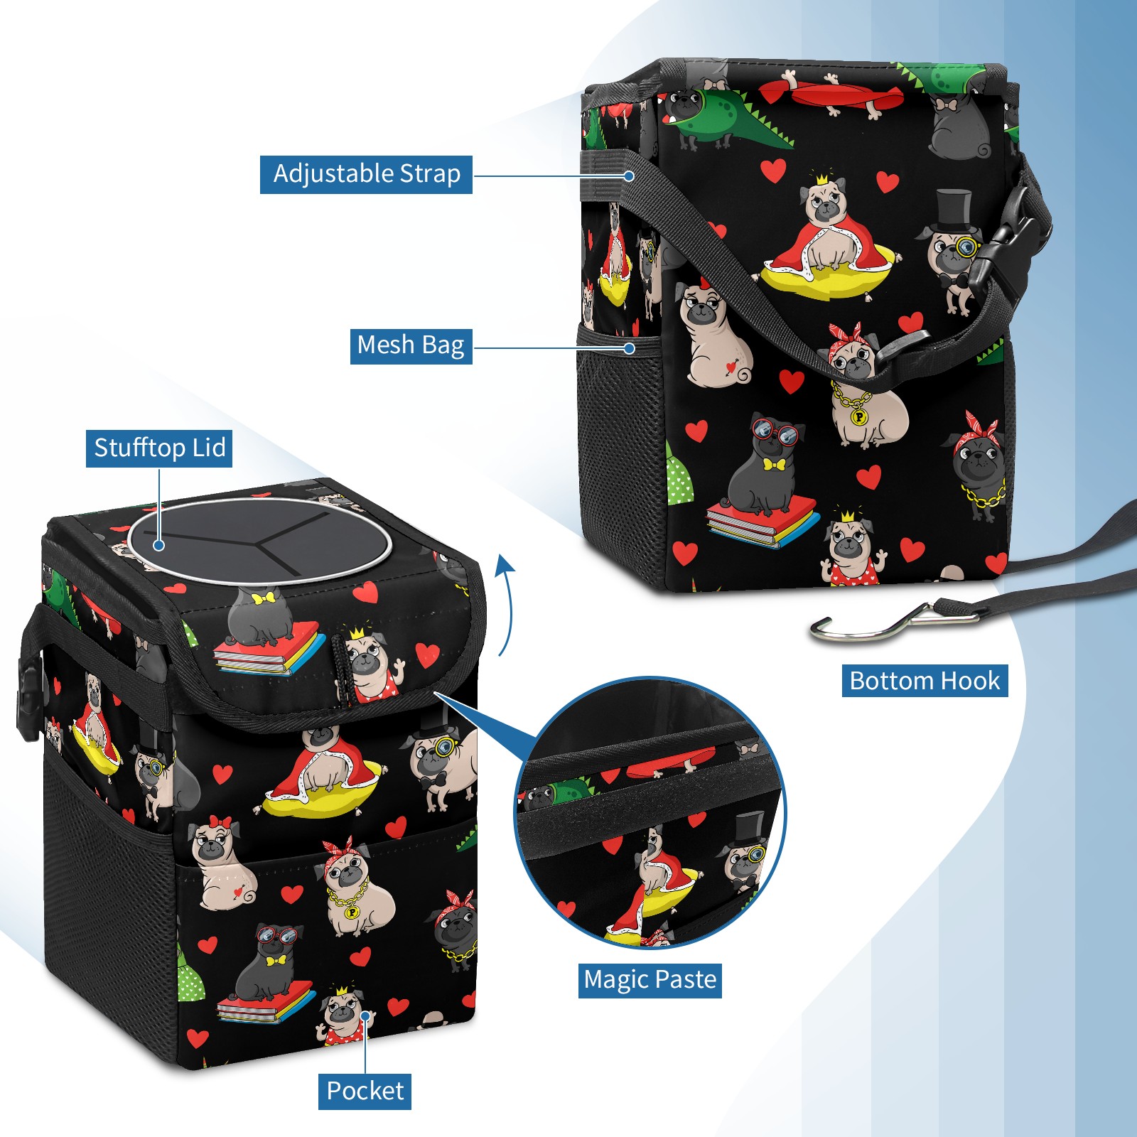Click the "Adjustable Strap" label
366,174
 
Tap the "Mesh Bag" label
411,345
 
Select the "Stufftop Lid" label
159,448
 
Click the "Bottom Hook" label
925,681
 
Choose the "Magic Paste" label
650,980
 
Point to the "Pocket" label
365,1091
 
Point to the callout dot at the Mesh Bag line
630,348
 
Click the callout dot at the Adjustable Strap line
630,175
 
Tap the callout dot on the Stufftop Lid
159,545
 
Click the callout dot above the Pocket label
365,1016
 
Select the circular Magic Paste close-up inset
650,814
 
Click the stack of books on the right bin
762,522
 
